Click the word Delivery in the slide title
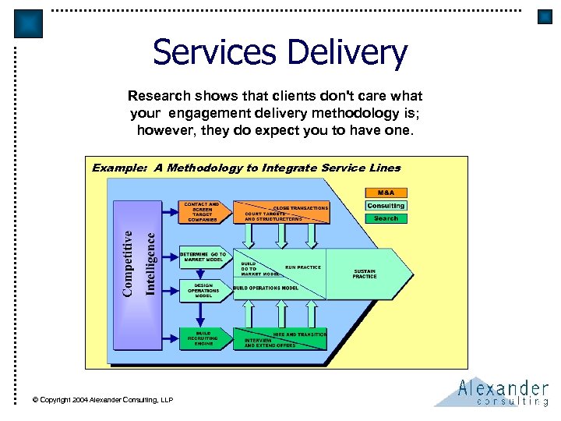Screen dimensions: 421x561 tap(347, 53)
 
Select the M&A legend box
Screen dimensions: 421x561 tap(386, 193)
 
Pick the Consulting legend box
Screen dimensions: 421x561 tap(386, 206)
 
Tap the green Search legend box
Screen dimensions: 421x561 tap(386, 218)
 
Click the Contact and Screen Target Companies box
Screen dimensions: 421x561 tap(202, 212)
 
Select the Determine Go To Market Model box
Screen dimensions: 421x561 tap(203, 256)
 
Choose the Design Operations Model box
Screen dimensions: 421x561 tap(203, 290)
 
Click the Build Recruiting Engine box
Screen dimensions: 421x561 tap(203, 338)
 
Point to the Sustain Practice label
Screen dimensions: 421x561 tap(365, 274)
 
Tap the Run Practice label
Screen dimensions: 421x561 tap(302, 267)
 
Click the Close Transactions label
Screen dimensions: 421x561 tap(300, 208)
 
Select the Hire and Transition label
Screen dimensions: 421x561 tap(301, 334)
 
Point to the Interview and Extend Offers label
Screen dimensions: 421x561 tap(270, 342)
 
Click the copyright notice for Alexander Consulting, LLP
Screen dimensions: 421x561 tap(102, 399)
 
